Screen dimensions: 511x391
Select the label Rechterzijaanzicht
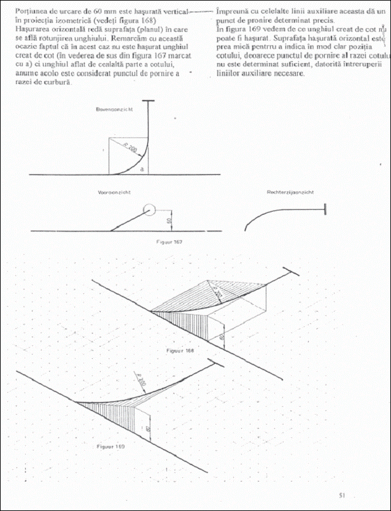(290, 192)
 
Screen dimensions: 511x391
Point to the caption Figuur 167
(169, 242)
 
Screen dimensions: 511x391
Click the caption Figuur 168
(180, 350)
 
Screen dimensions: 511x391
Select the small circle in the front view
(150, 210)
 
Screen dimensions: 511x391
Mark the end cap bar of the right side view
(325, 209)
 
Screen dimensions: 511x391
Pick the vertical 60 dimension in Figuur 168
(222, 337)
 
